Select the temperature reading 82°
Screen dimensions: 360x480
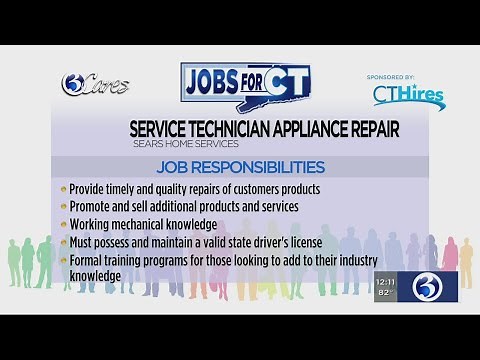[x=385, y=294]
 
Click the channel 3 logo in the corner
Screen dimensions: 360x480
[x=430, y=287]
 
